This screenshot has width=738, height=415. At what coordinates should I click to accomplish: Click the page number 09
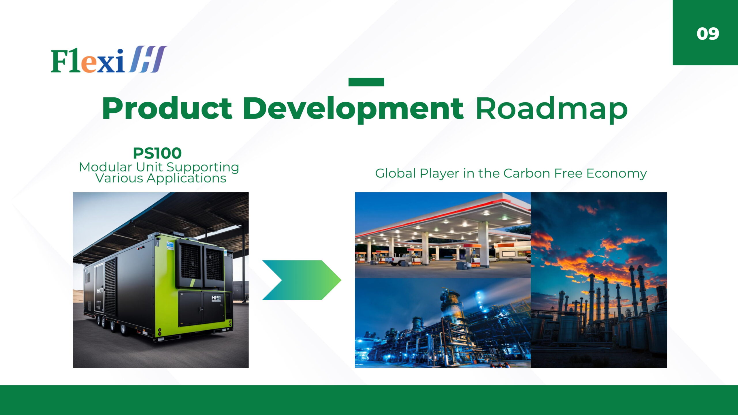pyautogui.click(x=708, y=34)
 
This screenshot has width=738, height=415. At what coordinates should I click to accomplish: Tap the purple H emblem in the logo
pyautogui.click(x=148, y=59)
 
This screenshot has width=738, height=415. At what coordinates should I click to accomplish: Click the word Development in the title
pyautogui.click(x=353, y=110)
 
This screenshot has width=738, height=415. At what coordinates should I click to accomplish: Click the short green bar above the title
pyautogui.click(x=366, y=82)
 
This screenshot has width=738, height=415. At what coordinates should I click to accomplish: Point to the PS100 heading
pyautogui.click(x=157, y=153)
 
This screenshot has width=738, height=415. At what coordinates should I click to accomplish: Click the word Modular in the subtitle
pyautogui.click(x=106, y=167)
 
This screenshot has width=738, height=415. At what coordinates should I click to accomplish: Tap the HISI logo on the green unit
pyautogui.click(x=216, y=298)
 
